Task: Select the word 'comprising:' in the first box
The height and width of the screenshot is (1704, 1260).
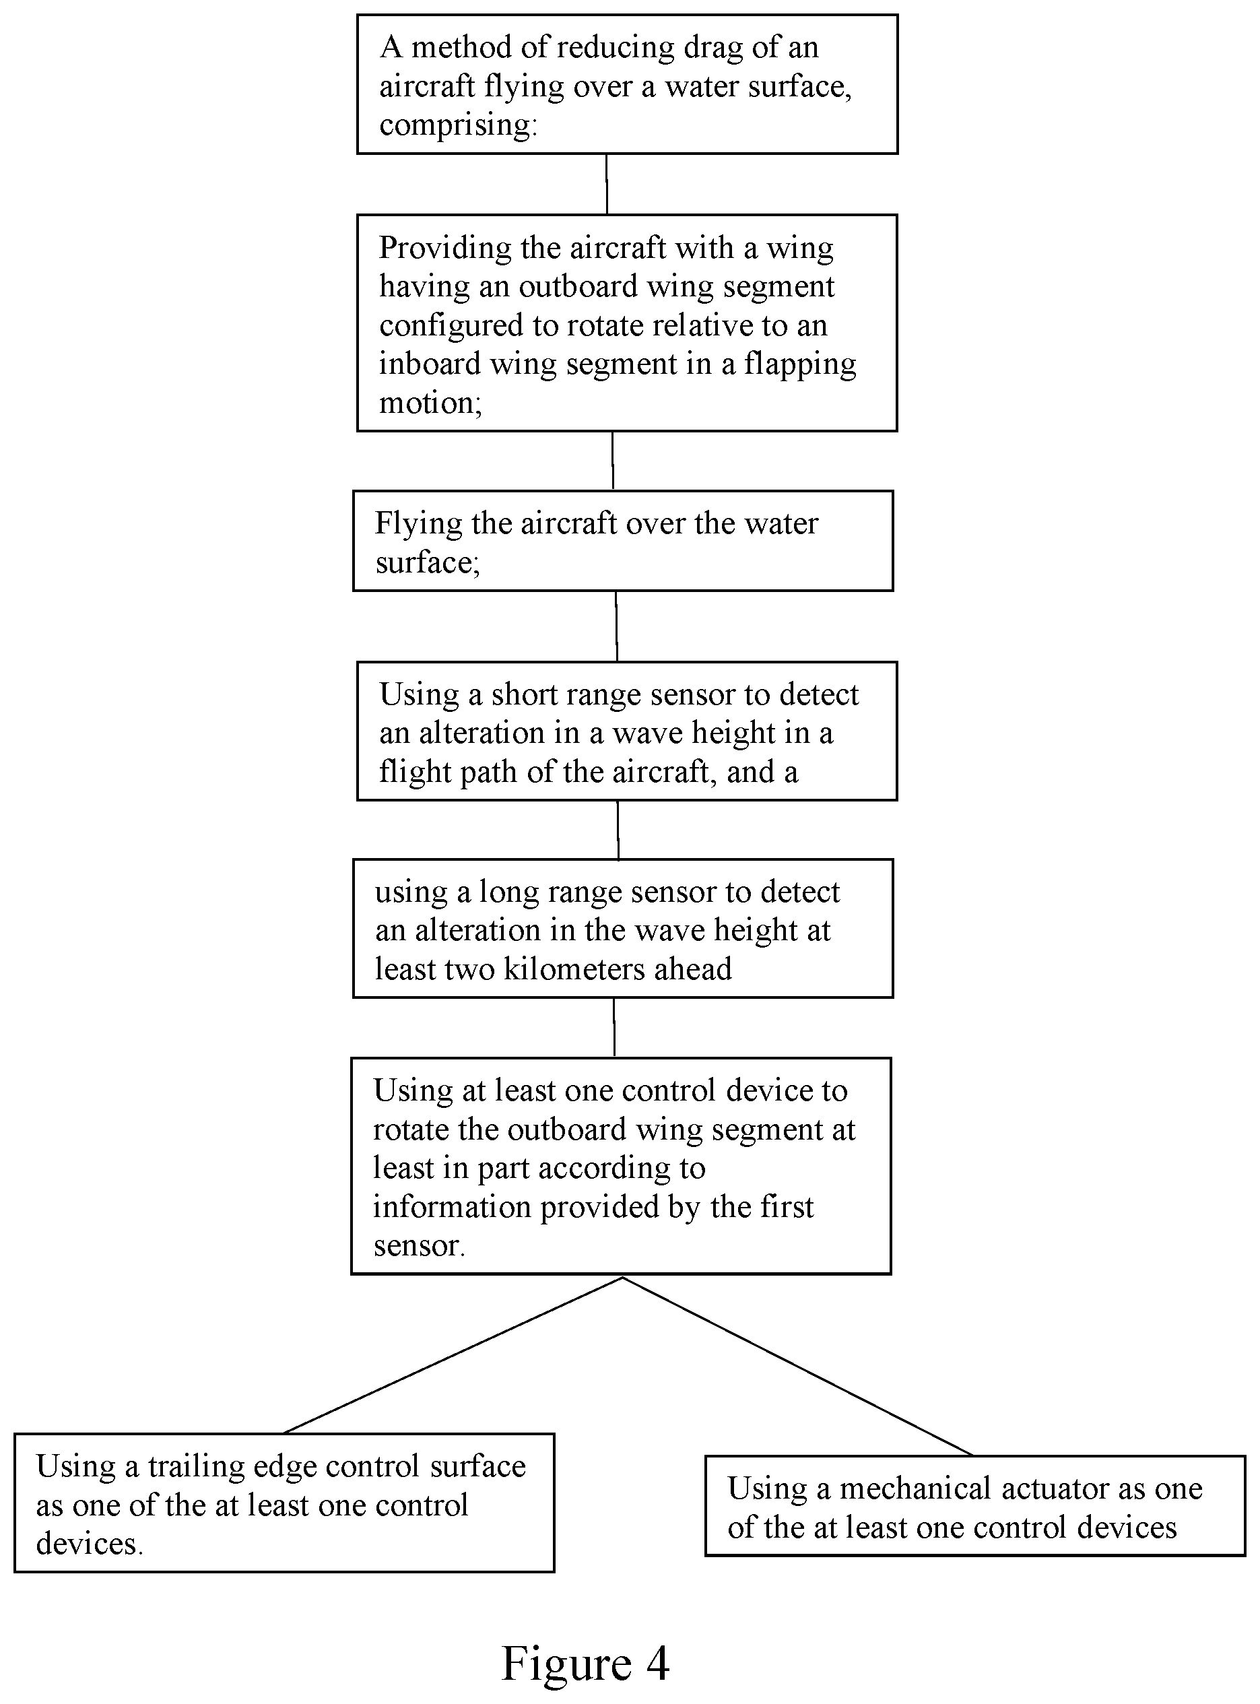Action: (x=459, y=125)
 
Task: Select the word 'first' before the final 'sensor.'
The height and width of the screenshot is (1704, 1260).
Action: (x=786, y=1207)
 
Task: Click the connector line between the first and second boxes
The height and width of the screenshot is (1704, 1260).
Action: (x=607, y=185)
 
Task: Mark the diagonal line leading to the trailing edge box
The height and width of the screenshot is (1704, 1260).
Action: (x=453, y=1355)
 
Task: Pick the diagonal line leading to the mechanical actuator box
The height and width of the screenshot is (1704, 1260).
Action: (x=798, y=1366)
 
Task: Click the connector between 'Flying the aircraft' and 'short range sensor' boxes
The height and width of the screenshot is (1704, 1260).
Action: (x=616, y=626)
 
